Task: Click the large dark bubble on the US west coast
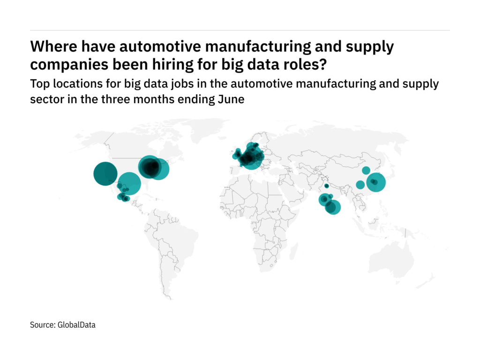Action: (x=105, y=173)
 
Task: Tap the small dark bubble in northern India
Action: (x=326, y=186)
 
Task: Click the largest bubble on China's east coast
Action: (x=376, y=182)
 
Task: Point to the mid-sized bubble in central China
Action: (x=360, y=185)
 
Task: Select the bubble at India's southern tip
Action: (x=332, y=207)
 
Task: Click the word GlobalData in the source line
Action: (x=76, y=324)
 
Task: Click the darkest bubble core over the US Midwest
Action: (x=150, y=167)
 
